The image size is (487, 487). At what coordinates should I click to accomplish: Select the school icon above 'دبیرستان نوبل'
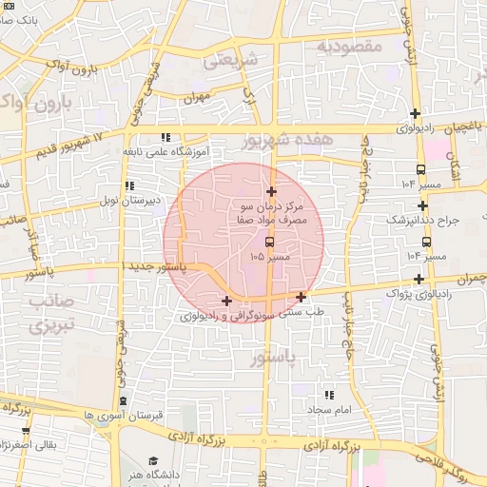click(128, 185)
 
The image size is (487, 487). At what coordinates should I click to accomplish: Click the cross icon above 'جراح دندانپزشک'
click(422, 205)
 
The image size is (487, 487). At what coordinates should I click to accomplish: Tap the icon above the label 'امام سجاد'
click(329, 395)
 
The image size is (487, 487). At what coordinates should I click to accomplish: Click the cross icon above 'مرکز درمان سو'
click(271, 191)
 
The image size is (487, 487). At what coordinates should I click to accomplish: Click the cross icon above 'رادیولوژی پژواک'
click(419, 279)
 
